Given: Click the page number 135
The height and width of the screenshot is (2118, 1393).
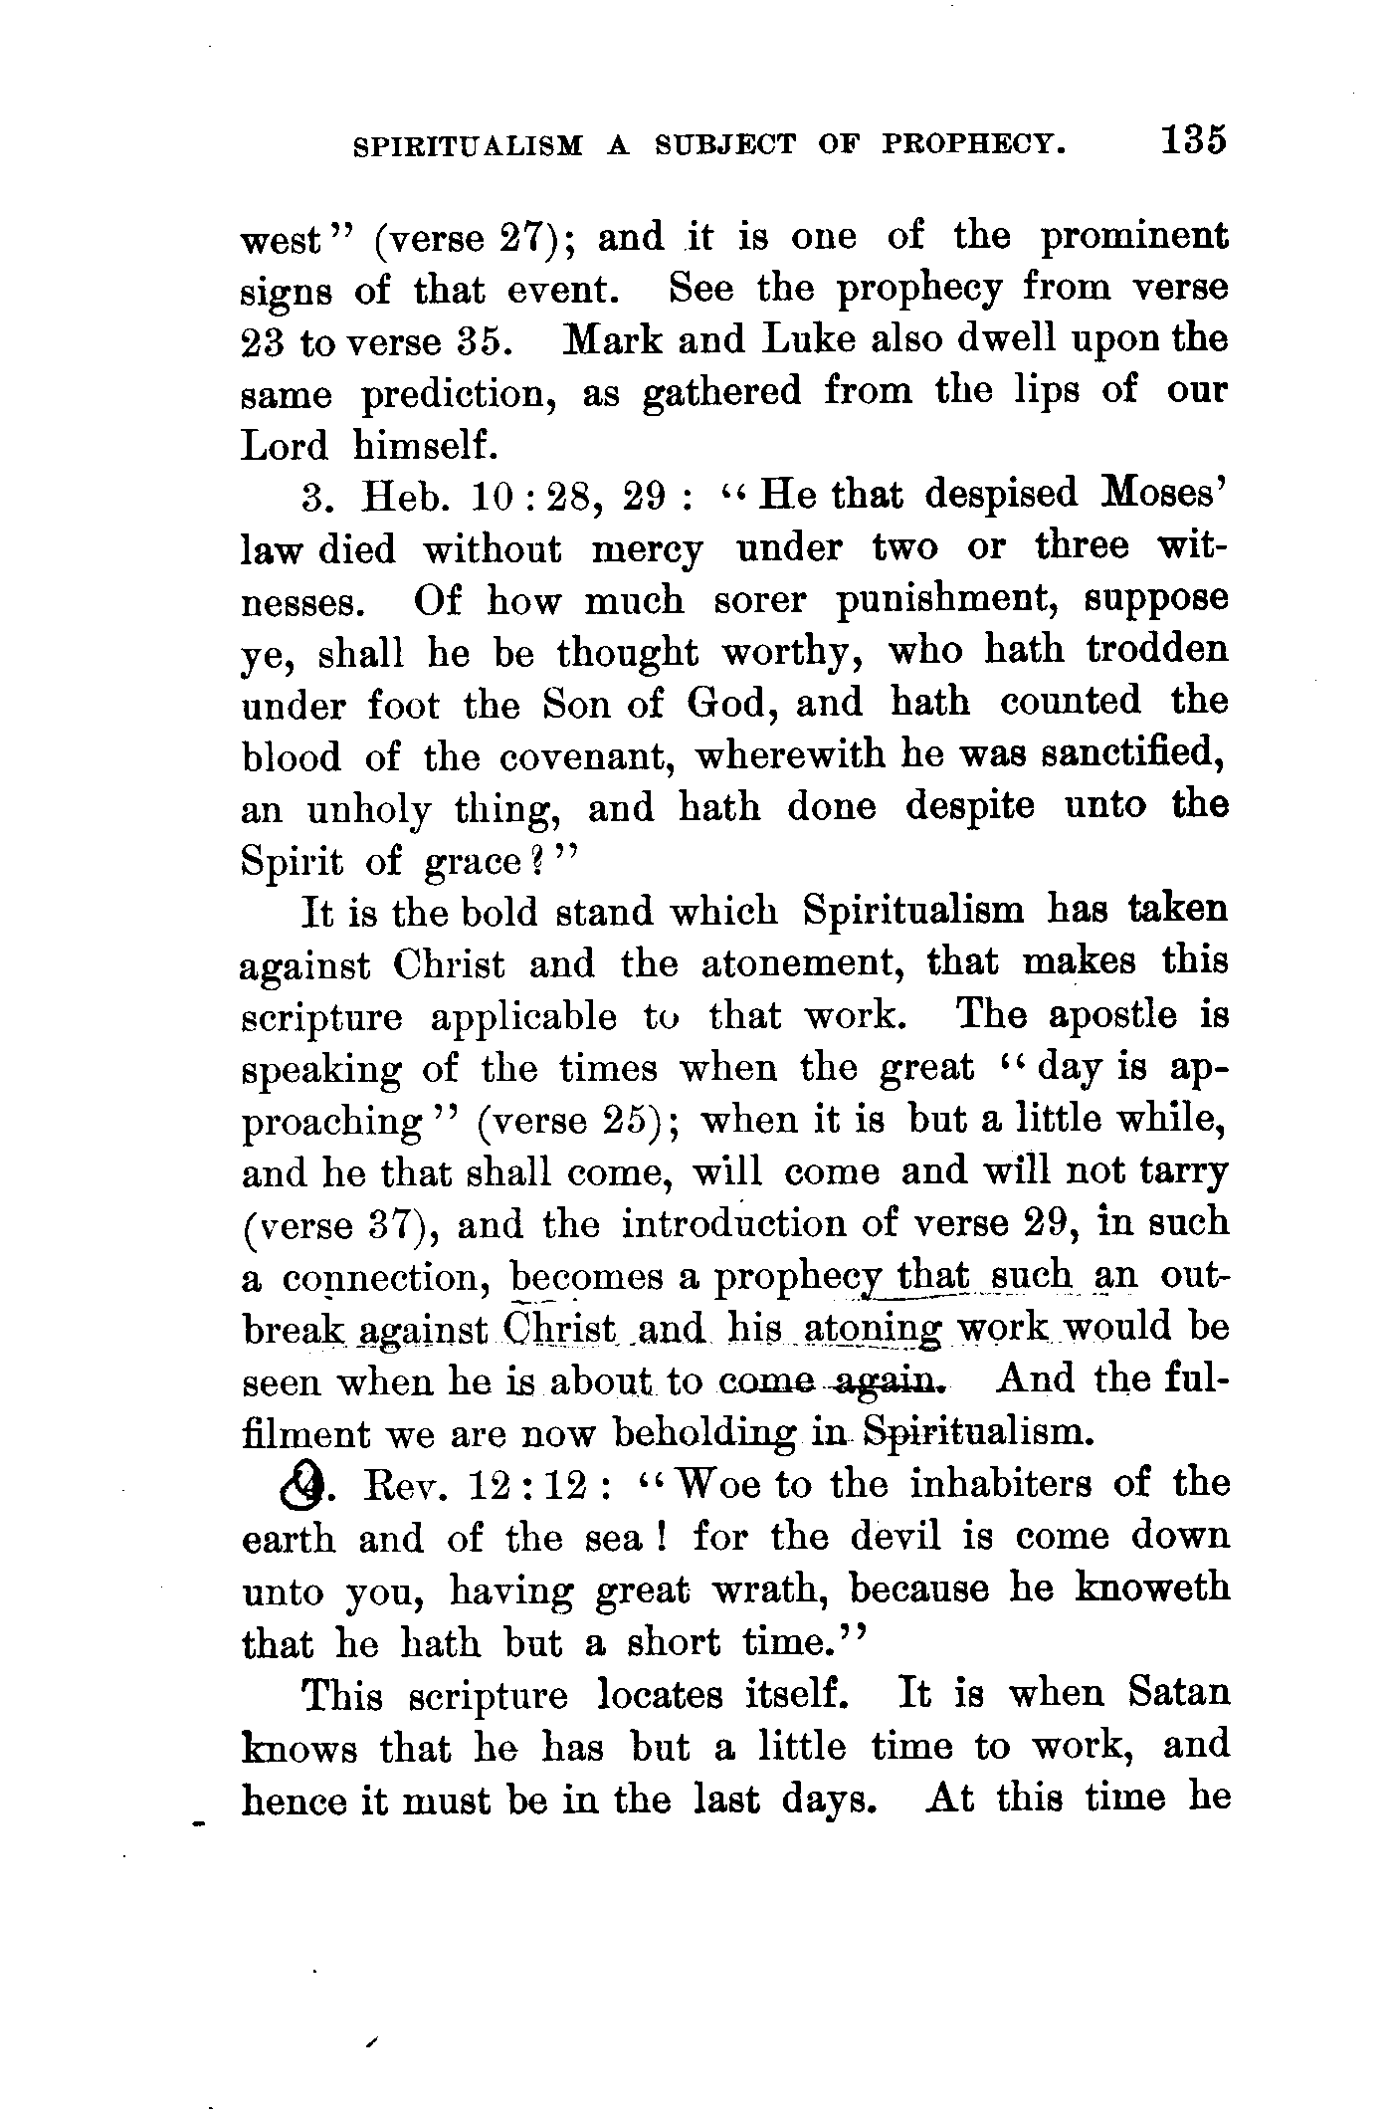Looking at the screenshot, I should point(1191,140).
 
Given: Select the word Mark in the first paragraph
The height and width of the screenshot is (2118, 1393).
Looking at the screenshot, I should point(605,339).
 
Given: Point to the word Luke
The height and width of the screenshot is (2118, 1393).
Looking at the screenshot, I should point(805,339).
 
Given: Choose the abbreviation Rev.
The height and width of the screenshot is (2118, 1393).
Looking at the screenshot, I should point(403,1486).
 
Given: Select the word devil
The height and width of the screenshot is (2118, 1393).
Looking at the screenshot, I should point(895,1538).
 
